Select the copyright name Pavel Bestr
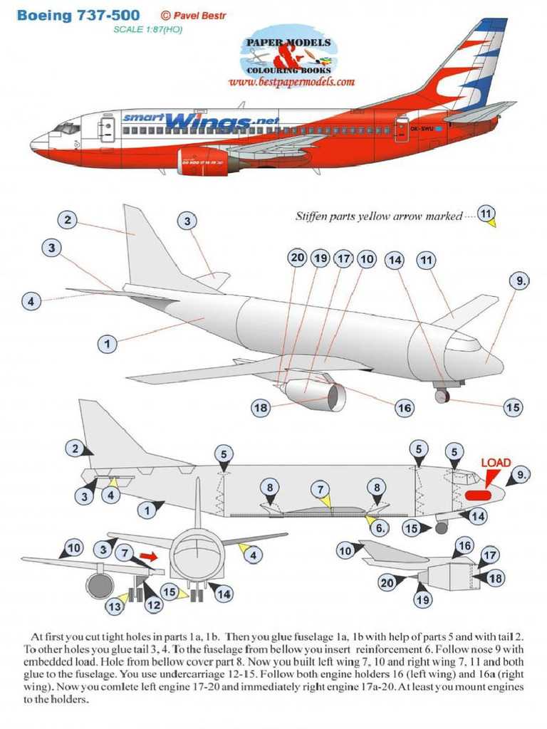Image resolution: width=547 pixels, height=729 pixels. point(195,15)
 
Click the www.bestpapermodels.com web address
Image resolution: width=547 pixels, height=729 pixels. point(291,82)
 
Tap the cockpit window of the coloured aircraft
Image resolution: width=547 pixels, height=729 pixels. point(68,128)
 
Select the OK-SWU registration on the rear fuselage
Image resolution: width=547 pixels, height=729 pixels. point(422,129)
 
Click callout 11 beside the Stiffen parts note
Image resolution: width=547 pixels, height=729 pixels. point(487,214)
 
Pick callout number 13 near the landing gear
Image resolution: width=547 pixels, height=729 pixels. point(115,607)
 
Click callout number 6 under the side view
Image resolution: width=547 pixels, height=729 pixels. point(382,528)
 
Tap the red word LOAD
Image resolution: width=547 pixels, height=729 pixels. point(496,463)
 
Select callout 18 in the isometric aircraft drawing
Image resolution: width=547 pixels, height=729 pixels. point(261,407)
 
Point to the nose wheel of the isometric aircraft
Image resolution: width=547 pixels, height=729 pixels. point(442,396)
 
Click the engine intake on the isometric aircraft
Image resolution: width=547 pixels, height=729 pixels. point(335,397)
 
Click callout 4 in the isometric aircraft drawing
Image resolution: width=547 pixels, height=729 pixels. point(31,300)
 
